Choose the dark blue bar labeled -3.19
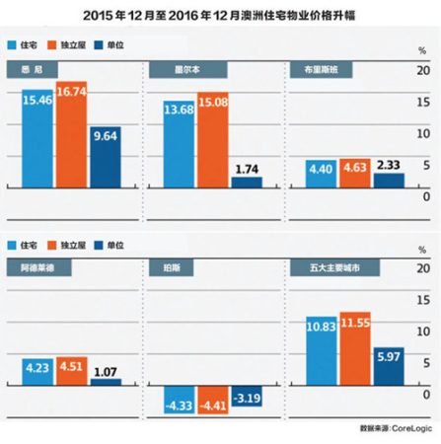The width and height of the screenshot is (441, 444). (246, 398)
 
